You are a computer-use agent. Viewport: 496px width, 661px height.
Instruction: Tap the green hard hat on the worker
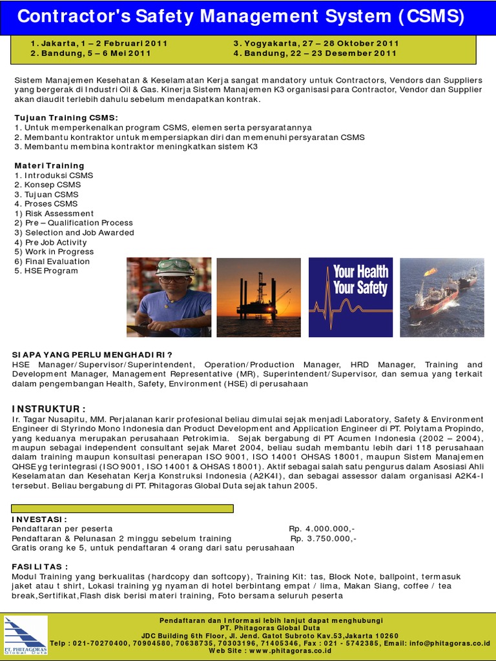click(x=174, y=266)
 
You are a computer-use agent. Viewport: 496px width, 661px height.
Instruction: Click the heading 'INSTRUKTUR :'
click(x=48, y=409)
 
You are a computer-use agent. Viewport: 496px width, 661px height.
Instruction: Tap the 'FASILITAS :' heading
click(x=40, y=567)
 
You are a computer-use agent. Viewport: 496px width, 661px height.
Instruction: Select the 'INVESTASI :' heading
click(x=39, y=519)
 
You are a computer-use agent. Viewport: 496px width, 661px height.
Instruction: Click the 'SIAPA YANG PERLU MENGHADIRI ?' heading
click(x=92, y=354)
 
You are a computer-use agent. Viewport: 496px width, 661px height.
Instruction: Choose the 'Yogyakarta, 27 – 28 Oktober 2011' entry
click(x=316, y=43)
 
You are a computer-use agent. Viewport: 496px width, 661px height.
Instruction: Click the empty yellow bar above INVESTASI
click(x=123, y=508)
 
